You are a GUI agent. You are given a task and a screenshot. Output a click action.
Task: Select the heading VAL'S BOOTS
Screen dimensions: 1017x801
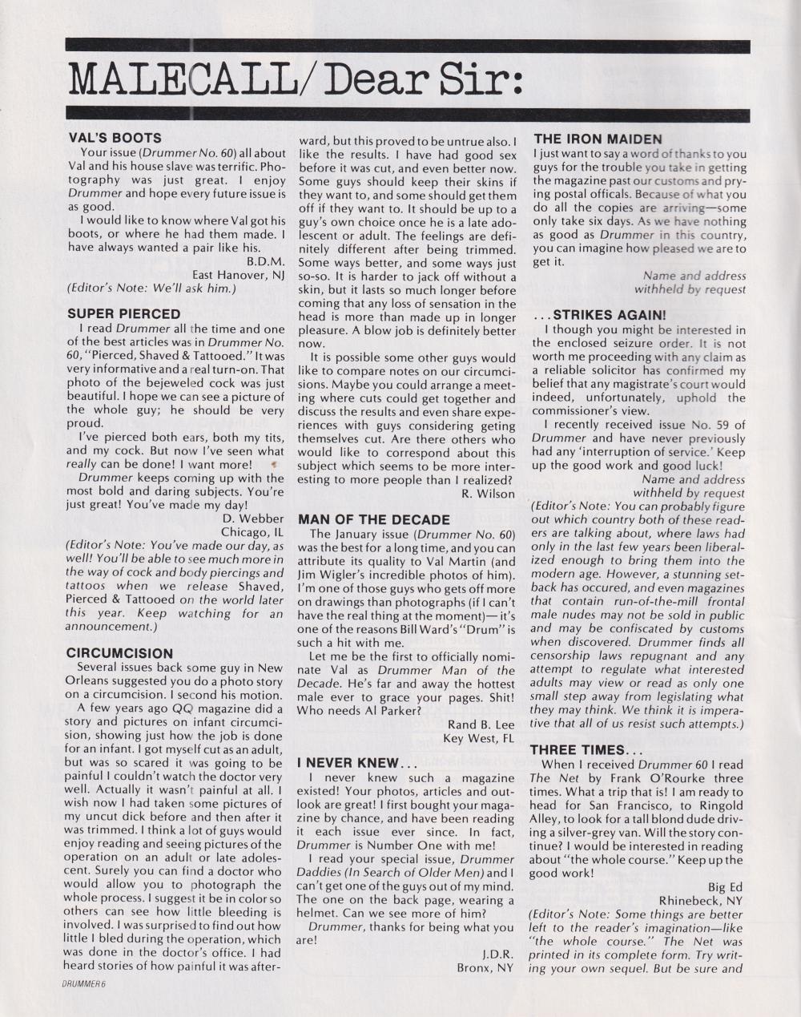(x=114, y=138)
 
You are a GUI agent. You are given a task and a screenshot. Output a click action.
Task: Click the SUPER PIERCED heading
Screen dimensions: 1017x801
(x=123, y=313)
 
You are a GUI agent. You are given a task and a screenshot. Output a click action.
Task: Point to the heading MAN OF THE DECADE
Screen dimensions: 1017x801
(x=374, y=519)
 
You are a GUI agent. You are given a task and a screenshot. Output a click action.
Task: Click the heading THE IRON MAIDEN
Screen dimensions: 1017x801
(x=598, y=139)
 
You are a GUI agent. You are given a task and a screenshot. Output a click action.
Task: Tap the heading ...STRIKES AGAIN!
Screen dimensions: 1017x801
(x=599, y=315)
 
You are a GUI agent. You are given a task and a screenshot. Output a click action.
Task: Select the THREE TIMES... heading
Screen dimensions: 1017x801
(x=586, y=750)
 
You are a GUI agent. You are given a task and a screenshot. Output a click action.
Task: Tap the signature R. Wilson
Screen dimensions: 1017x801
(x=488, y=494)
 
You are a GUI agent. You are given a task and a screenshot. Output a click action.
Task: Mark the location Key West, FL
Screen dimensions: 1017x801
(x=478, y=738)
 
